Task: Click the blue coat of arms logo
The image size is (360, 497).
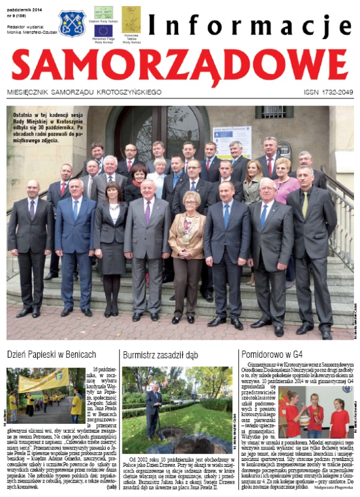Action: [72, 23]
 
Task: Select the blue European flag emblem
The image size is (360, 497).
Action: [103, 31]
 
